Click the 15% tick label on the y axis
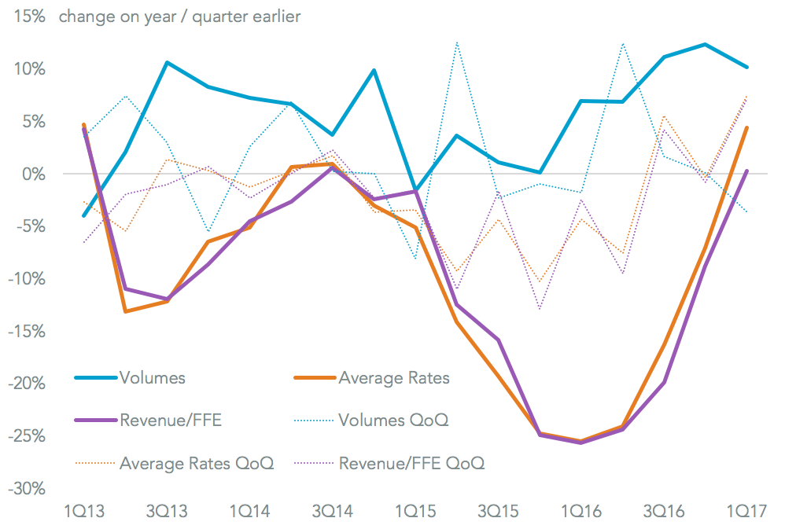click(26, 17)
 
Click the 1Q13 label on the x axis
click(83, 511)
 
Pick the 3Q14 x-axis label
click(332, 511)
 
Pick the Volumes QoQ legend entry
click(393, 421)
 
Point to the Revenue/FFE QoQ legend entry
click(411, 463)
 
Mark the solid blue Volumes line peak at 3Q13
click(167, 62)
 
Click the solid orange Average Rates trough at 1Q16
click(580, 441)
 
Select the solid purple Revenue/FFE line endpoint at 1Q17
click(746, 171)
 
